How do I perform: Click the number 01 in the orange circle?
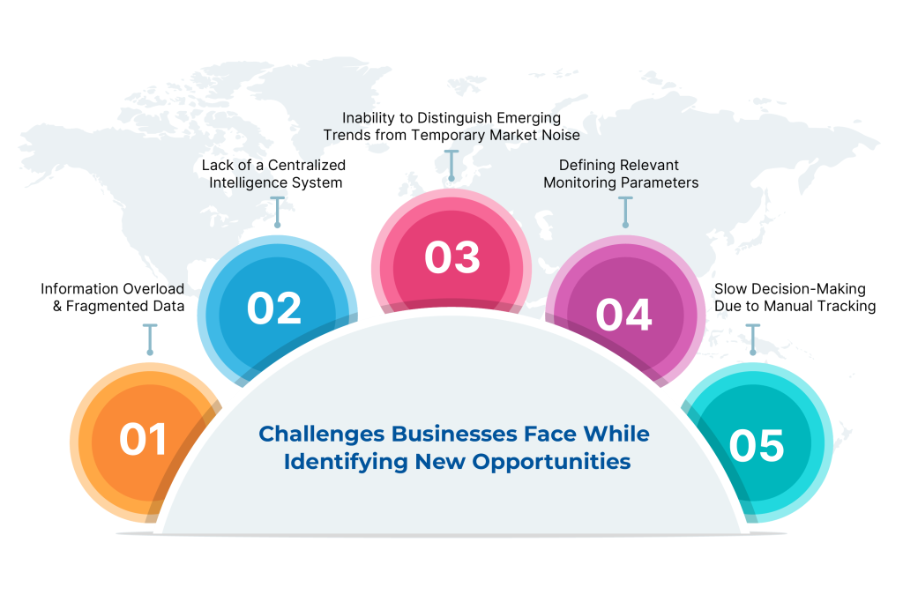point(144,439)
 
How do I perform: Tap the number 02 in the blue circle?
point(274,308)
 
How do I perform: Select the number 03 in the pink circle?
point(451,257)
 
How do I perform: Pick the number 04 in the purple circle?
point(623,315)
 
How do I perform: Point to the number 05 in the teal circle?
point(757,445)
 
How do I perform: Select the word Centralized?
point(304,165)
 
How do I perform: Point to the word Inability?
point(369,117)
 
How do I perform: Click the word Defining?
point(587,165)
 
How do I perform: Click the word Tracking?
point(847,307)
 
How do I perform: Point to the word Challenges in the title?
point(321,434)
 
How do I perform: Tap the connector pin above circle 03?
point(451,166)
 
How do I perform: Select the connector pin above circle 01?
point(150,339)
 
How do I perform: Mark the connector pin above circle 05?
point(752,339)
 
